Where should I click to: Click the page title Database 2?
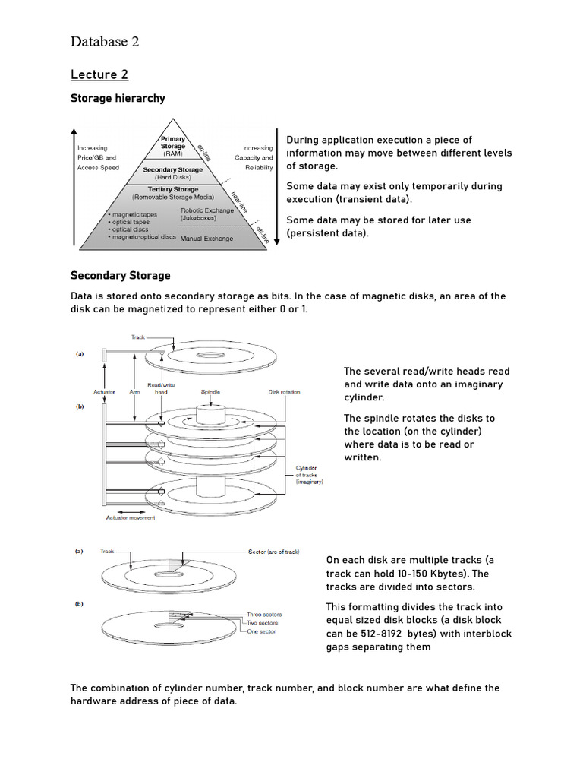click(x=105, y=42)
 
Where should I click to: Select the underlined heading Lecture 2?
click(x=99, y=74)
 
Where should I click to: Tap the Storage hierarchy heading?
click(x=117, y=98)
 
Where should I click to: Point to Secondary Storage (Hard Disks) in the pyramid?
click(x=173, y=172)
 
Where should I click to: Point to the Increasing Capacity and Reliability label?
click(x=257, y=157)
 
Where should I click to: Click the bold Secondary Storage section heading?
click(x=120, y=275)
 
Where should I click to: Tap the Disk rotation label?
click(x=284, y=392)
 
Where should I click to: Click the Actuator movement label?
click(x=130, y=517)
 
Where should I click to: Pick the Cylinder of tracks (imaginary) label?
click(x=309, y=475)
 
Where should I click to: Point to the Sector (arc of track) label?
click(x=278, y=551)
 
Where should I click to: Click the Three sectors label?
click(x=265, y=613)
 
